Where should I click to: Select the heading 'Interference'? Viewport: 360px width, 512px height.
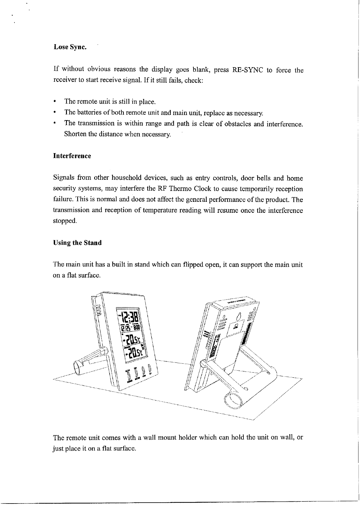(x=72, y=156)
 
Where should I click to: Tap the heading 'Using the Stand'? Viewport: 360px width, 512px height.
(x=77, y=243)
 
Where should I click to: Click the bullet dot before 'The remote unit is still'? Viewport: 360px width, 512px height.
(x=54, y=101)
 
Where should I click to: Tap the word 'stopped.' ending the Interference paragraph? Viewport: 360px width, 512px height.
(x=65, y=221)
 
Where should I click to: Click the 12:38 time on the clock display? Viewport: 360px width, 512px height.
(x=130, y=318)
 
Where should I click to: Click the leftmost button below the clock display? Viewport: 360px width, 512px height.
(x=129, y=376)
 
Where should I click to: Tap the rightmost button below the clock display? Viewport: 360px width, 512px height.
(x=149, y=370)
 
